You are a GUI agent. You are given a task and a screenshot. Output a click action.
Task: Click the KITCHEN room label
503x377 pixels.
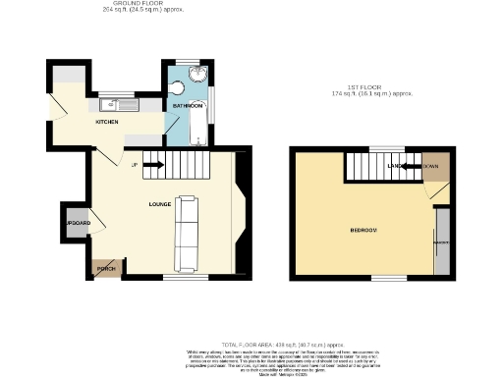(107, 122)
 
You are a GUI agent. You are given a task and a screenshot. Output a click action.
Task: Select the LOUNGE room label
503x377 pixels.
(160, 204)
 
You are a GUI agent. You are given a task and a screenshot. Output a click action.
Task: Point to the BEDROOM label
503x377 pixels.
(363, 230)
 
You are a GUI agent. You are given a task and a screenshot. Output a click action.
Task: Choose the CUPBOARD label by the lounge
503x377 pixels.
(78, 224)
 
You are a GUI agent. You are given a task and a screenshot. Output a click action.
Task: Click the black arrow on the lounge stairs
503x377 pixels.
(153, 165)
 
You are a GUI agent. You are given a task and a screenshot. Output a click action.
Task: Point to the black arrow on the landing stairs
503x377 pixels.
(407, 168)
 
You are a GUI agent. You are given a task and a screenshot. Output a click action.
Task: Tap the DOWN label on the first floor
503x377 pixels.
(431, 168)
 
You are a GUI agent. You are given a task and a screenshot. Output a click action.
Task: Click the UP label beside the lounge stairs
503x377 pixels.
(134, 164)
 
